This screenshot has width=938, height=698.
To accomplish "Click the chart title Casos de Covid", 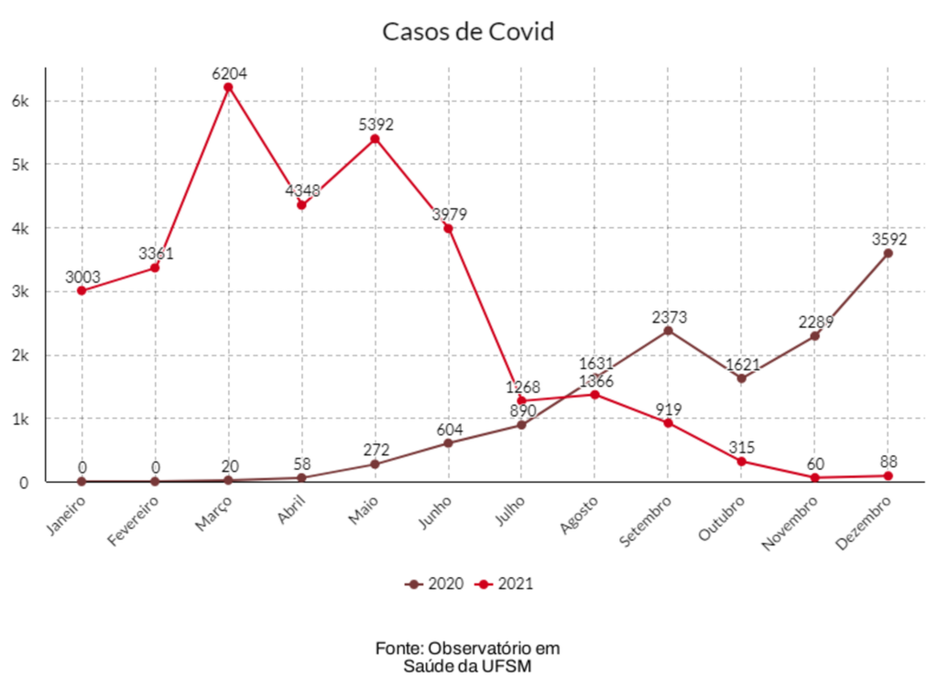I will coord(468,32).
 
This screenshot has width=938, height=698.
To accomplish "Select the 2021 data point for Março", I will coord(228,87).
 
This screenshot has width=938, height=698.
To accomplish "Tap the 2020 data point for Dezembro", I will coord(888,253).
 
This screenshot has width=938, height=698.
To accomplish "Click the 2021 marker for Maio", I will coord(375,138).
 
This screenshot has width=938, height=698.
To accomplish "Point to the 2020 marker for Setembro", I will coord(668,330).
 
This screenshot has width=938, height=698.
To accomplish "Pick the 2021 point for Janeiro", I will coord(82,290).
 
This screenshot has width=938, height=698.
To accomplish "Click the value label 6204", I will coord(229,73).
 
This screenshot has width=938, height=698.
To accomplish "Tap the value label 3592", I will coord(889,239).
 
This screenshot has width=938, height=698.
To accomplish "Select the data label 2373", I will coord(669,317).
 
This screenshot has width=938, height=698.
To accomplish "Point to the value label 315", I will coord(742,447).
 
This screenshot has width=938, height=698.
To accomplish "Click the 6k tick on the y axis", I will coord(20,101).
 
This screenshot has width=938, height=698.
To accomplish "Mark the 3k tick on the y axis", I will coord(20,291).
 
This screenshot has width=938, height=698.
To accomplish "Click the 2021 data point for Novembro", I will coord(814,477).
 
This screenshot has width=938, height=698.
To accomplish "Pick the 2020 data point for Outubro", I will coord(741,378).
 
